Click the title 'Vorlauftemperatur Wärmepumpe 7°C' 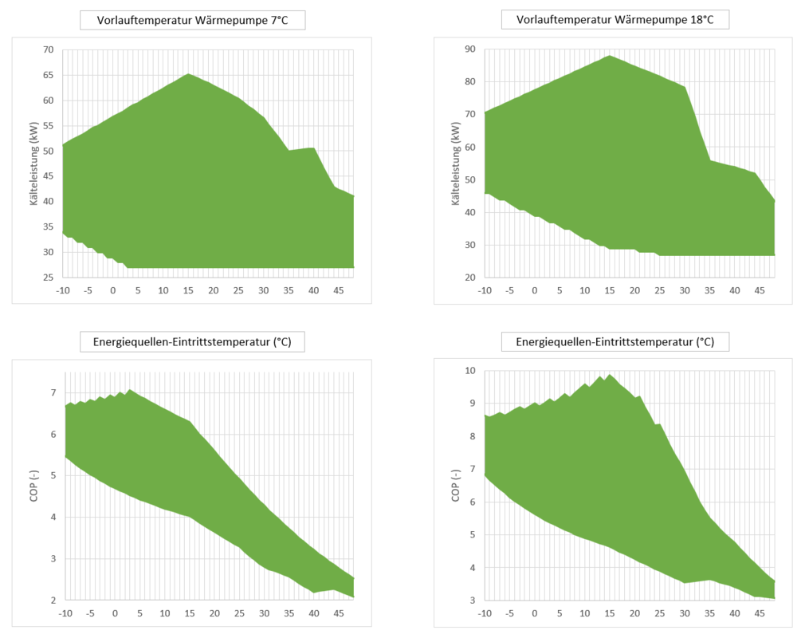(x=193, y=21)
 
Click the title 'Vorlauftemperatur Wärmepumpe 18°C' (x=615, y=21)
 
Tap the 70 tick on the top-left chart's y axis (x=48, y=50)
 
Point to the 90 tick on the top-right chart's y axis (x=469, y=49)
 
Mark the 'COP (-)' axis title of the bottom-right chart (x=456, y=486)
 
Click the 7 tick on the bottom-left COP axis (x=53, y=393)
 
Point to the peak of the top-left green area (x=188, y=74)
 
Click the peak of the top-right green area (x=609, y=56)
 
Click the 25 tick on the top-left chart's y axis (x=48, y=277)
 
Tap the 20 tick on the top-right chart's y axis (x=469, y=277)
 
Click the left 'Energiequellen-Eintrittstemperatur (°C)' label (x=193, y=343)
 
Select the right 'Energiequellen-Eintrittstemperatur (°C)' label (x=615, y=343)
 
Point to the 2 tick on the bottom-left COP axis (x=53, y=600)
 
